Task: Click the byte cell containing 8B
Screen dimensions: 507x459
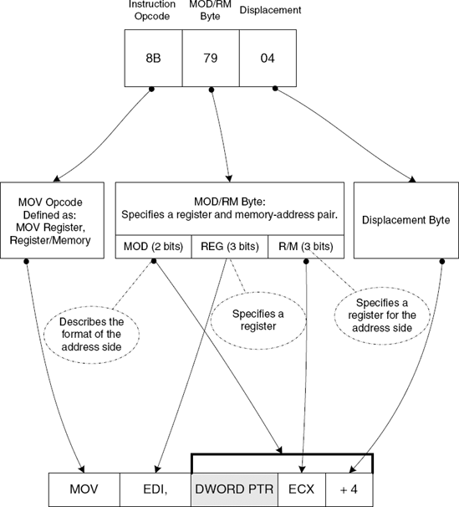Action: click(154, 59)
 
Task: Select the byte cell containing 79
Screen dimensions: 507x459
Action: click(211, 59)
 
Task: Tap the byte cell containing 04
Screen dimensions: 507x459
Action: click(268, 59)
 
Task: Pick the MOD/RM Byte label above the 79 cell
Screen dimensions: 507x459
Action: click(211, 12)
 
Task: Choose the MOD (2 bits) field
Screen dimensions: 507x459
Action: click(152, 247)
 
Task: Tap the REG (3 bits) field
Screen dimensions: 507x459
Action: click(228, 247)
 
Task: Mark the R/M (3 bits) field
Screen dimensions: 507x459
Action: click(304, 247)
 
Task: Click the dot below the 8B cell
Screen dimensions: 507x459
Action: click(152, 89)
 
